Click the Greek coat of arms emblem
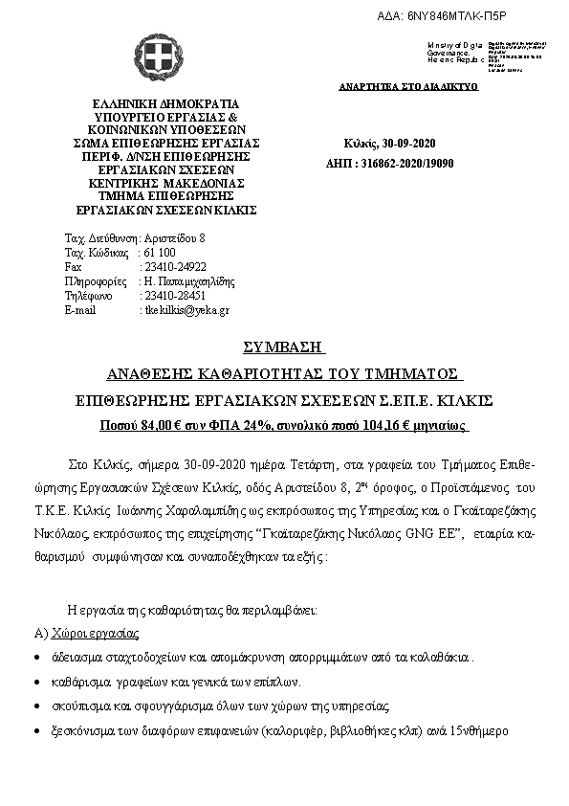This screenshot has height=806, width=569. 154,58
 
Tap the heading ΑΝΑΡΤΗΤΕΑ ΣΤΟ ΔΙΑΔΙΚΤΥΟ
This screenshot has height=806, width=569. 408,86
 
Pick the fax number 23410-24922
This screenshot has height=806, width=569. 174,267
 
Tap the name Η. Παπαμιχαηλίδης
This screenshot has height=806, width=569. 188,281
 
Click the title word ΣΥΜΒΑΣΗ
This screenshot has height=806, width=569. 284,346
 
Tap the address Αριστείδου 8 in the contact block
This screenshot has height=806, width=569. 176,237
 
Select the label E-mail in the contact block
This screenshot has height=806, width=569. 80,310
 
